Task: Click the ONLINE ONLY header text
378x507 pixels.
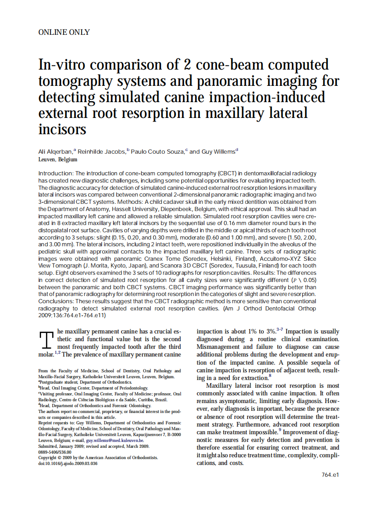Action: [64, 32]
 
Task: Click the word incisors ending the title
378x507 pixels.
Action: [62, 129]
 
